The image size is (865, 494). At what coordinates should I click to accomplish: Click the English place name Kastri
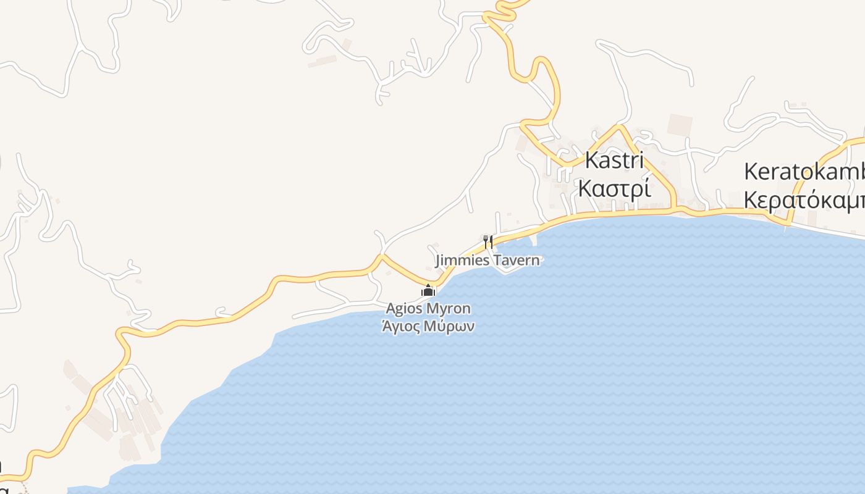[x=614, y=161]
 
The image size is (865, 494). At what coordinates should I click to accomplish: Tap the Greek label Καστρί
[x=614, y=188]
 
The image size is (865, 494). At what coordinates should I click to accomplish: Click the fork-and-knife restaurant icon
[x=488, y=241]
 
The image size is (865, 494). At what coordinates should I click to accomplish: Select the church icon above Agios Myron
[x=428, y=290]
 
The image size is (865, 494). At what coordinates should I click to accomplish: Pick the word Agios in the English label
[x=404, y=308]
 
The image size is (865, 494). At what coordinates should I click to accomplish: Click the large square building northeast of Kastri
[x=680, y=125]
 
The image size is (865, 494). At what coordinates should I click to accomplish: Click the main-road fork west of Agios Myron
[x=382, y=256]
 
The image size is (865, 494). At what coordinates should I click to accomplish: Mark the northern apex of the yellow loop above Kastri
[x=618, y=127]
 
